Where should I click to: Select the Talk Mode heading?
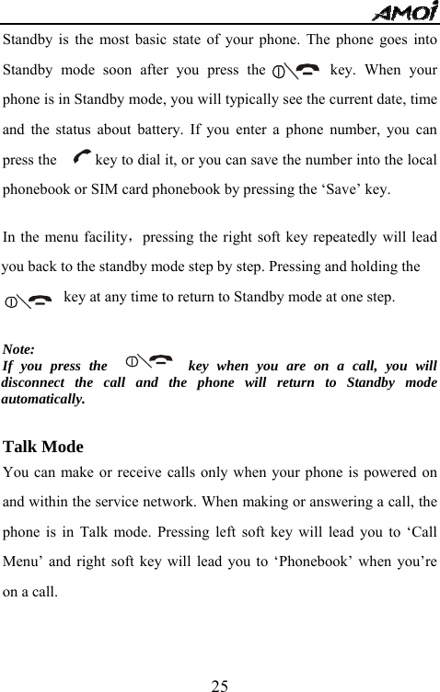coord(43,448)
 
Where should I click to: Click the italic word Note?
coord(20,349)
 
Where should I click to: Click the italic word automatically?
coord(43,400)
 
